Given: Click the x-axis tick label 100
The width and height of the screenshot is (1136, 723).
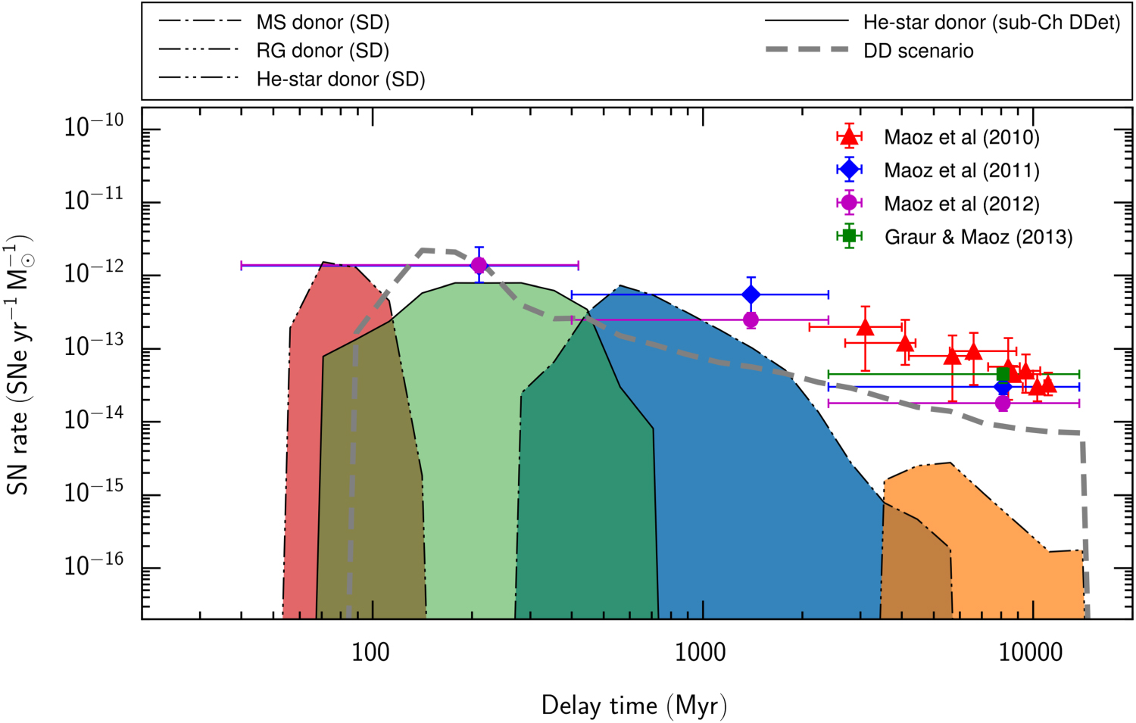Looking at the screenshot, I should pos(370,652).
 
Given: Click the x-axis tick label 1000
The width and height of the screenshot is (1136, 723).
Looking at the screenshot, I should pos(700,652).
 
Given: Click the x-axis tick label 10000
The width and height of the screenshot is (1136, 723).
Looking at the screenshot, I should pos(1031,652).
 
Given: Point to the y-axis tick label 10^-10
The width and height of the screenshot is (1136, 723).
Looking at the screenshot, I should pos(93,126).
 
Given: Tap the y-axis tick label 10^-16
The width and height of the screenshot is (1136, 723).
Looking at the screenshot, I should pos(93,566).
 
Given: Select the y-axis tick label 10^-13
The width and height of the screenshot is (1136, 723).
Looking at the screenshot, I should pos(93,346).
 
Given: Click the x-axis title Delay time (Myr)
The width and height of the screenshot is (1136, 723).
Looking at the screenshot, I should pos(634,706).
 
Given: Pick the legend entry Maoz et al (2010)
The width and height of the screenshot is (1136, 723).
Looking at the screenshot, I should pos(961,137).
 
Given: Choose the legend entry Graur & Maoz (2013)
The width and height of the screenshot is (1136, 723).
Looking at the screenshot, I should pos(978,237).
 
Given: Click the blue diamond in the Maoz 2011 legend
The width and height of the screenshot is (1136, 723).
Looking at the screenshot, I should pos(849,170).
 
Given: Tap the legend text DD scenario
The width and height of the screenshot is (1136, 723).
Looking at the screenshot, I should pos(918,51).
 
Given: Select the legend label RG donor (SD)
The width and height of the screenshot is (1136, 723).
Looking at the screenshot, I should pos(323,51).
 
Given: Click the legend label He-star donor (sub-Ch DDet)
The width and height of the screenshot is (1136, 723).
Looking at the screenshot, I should pos(991,23).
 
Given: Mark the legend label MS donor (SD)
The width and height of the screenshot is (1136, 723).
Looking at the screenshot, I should pos(323,23).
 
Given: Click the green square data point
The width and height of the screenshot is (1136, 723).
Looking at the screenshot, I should pos(1003,374).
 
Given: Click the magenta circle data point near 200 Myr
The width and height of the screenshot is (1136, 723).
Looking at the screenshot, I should pos(479,265).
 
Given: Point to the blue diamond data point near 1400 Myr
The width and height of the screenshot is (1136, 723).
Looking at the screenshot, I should pos(751,294).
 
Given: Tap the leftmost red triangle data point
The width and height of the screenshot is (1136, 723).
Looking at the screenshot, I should pos(866,327).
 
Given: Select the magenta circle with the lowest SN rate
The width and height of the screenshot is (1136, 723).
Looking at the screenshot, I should pos(1003,403).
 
